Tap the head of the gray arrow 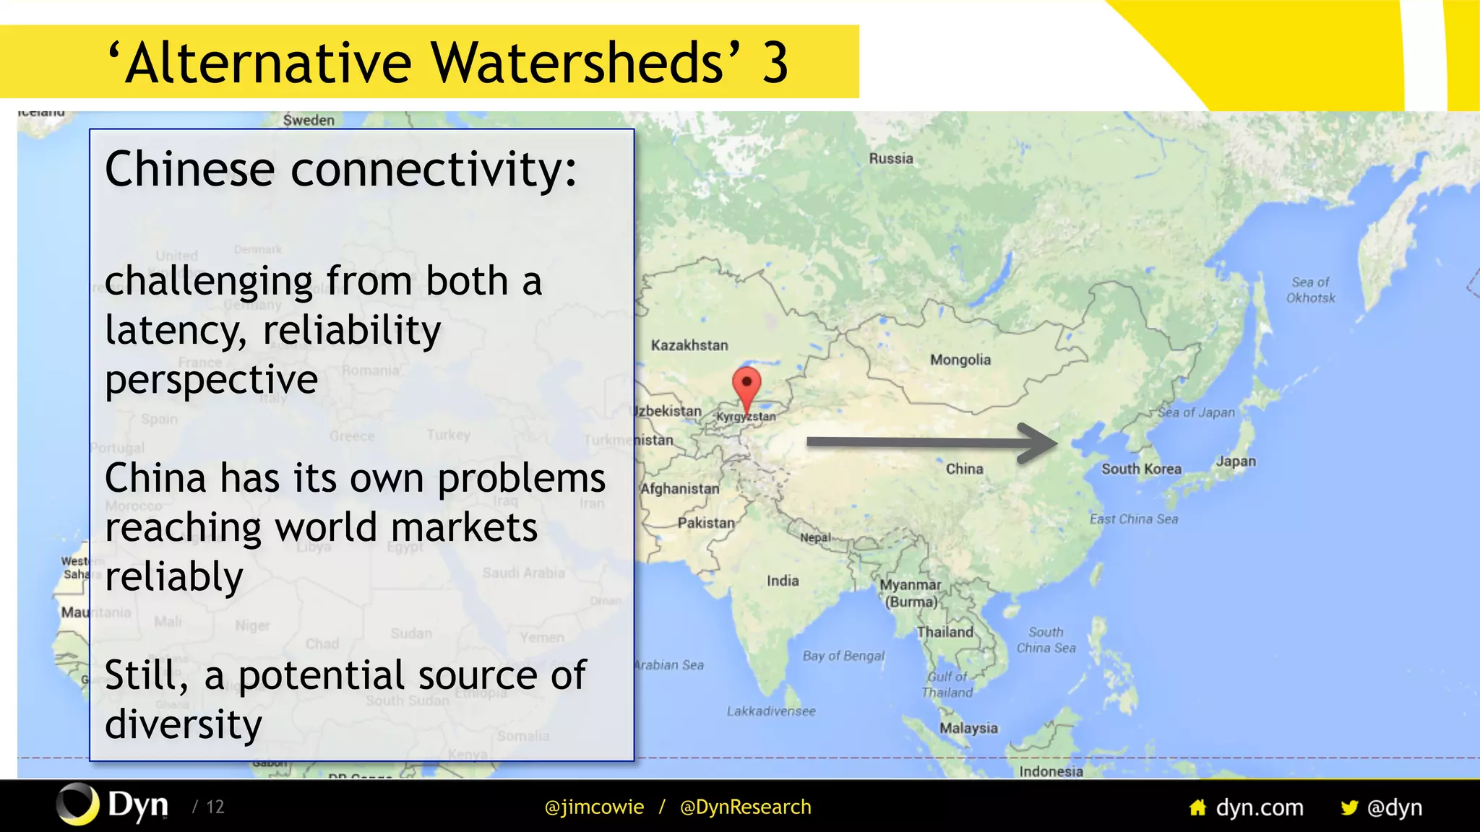(1041, 442)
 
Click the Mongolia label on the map (960, 360)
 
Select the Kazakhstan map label (689, 345)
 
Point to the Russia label (890, 158)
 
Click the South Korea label (1140, 469)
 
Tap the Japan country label (1235, 461)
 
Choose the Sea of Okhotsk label (1310, 290)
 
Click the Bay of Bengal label (843, 656)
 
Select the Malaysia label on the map (968, 728)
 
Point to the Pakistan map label (705, 522)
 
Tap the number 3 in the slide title (775, 63)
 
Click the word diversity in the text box (183, 724)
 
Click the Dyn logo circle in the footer (77, 804)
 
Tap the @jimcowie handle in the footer (593, 807)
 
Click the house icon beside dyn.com (1197, 807)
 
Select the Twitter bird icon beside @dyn (1348, 807)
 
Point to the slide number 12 (215, 807)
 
